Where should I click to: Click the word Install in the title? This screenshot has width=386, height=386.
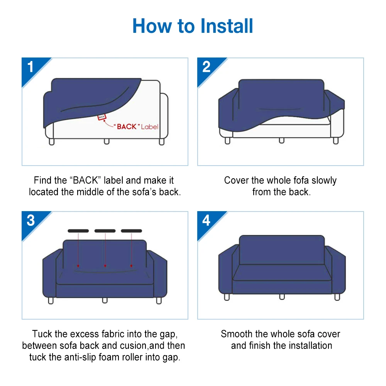227,26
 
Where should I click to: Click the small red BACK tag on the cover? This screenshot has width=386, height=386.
102,117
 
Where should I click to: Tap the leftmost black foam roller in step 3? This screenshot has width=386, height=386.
78,231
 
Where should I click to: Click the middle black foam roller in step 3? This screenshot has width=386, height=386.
105,231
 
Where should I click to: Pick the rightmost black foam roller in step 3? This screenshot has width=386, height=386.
132,231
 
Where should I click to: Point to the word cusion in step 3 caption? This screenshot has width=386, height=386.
120,345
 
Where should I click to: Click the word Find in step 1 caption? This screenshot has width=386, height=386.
42,181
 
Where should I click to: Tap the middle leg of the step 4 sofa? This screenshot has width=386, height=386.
282,296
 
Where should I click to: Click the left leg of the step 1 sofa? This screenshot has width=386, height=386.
52,142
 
